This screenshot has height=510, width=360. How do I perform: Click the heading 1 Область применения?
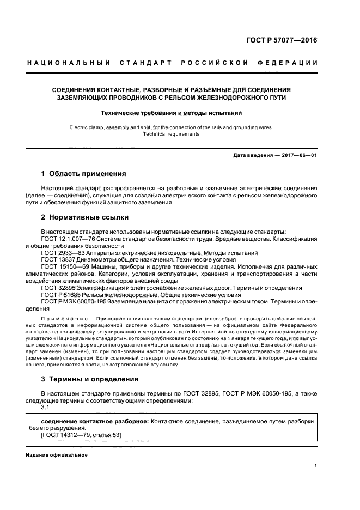click(x=83, y=174)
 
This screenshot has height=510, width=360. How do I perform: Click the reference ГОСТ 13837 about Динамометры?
click(x=57, y=260)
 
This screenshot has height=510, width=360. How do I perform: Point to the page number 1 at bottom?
click(x=316, y=466)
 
